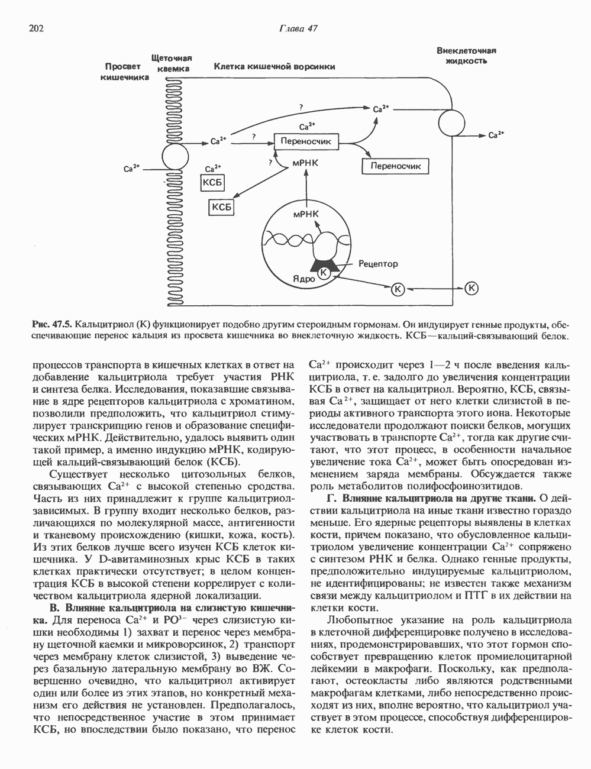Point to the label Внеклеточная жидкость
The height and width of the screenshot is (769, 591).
point(466,56)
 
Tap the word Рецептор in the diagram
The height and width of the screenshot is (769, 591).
point(378,264)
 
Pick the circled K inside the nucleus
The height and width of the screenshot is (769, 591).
point(324,273)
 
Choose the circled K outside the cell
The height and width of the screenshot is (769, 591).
point(471,288)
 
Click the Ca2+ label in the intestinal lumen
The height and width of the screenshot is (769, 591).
point(131,169)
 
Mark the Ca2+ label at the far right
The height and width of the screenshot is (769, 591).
point(496,135)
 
